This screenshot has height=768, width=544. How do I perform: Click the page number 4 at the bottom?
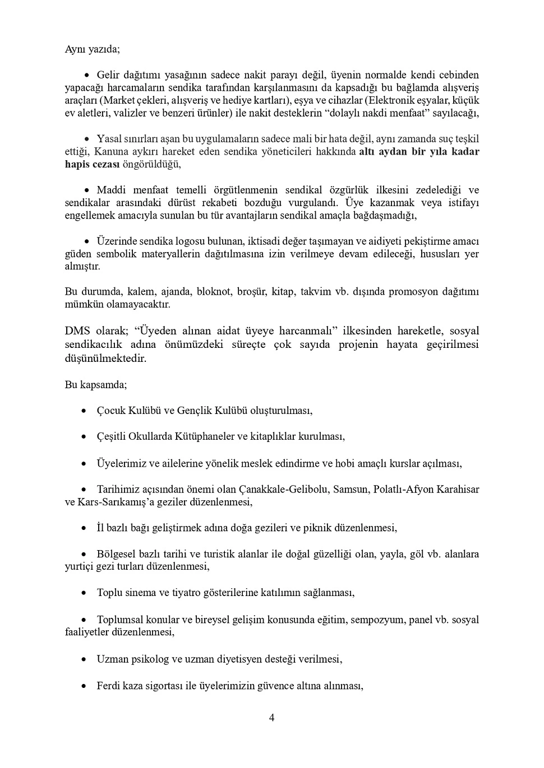pyautogui.click(x=271, y=718)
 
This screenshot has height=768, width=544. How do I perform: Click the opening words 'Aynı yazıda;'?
pyautogui.click(x=92, y=49)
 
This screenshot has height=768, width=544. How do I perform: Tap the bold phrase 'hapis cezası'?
pyautogui.click(x=91, y=164)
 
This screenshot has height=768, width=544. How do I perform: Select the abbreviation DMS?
pyautogui.click(x=77, y=331)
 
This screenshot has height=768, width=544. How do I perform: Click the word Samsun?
pyautogui.click(x=348, y=489)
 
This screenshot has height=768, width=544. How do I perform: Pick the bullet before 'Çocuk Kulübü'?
pyautogui.click(x=84, y=411)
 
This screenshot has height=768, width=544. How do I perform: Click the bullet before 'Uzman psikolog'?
pyautogui.click(x=84, y=659)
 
